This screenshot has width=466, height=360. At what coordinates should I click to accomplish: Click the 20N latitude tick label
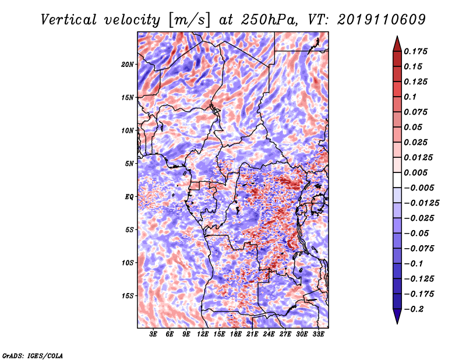coord(128,65)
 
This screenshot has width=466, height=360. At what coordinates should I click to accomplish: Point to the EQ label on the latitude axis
coord(129,197)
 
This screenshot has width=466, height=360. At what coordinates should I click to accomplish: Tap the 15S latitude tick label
coord(128,296)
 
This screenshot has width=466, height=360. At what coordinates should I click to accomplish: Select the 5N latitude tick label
coord(129,164)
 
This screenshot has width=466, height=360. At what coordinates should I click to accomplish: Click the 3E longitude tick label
coord(153,334)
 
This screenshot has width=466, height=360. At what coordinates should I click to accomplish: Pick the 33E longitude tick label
coord(318,334)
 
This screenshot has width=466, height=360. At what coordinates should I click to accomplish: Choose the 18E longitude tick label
coord(236,334)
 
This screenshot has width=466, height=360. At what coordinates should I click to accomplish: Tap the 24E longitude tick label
coord(269,334)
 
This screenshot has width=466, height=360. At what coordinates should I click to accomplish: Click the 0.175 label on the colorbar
coord(415,51)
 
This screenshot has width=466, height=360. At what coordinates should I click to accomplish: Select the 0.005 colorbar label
coord(415,172)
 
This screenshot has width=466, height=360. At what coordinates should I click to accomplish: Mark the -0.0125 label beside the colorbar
coord(421,203)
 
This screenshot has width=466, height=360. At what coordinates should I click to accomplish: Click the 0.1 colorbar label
coord(410,97)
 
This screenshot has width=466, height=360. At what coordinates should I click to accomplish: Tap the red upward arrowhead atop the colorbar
coord(397,44)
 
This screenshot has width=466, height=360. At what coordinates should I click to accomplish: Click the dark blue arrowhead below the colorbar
coord(397,316)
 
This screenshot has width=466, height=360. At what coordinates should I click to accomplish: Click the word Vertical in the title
coord(69,20)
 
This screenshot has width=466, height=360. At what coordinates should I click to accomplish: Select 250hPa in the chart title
coord(269,20)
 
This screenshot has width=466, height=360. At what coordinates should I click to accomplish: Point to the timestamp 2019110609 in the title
coord(382,20)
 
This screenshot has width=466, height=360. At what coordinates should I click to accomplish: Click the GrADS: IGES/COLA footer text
coord(33,355)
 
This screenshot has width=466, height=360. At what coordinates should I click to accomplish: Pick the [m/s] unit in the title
coord(189,20)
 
